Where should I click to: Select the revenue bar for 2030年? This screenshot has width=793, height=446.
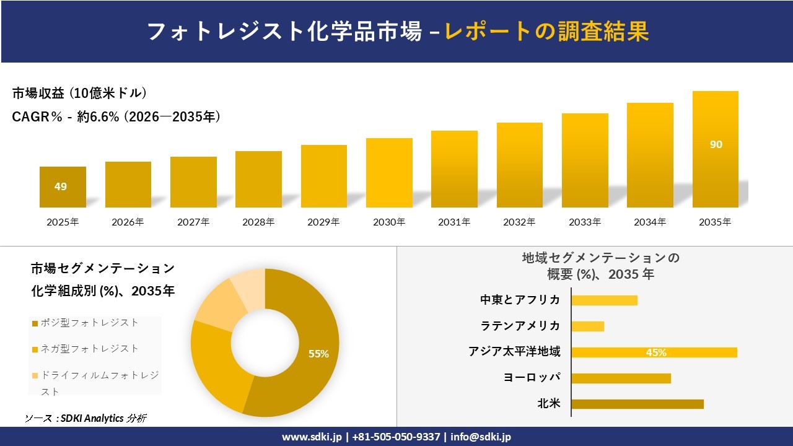click(x=389, y=173)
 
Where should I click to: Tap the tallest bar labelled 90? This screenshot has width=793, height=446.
click(x=716, y=149)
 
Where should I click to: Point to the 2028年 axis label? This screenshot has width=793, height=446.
click(x=258, y=222)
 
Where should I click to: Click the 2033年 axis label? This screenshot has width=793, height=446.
click(x=585, y=222)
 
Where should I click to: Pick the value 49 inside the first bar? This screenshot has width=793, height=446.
click(x=61, y=186)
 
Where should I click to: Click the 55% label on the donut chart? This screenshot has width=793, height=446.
click(x=318, y=354)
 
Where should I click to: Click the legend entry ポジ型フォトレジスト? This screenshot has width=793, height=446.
click(x=89, y=323)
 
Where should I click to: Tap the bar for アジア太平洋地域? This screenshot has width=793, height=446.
click(x=654, y=352)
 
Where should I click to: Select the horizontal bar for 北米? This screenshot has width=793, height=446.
click(x=637, y=404)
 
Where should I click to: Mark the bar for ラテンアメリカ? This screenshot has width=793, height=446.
click(x=587, y=326)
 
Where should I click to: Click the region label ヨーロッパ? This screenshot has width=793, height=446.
click(x=533, y=378)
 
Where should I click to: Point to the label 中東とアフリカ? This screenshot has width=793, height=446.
click(x=520, y=300)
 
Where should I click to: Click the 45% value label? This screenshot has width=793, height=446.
click(x=656, y=352)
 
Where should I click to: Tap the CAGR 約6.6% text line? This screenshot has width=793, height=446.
click(x=116, y=117)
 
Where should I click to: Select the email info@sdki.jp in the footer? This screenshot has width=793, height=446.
click(x=481, y=437)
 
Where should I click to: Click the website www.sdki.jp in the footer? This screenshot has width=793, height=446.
click(x=312, y=437)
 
